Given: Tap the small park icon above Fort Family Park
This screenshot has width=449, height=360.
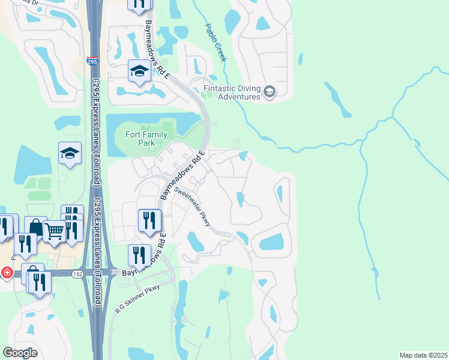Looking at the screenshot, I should point(143,128).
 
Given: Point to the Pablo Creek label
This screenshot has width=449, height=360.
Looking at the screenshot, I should point(216,43).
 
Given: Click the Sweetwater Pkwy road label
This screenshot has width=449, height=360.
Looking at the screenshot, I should point(193,206).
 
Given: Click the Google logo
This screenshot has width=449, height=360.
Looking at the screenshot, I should point(20,352).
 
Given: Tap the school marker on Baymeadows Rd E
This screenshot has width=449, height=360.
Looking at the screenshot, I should point(139,73).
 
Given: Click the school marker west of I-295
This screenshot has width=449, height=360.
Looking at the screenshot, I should point(70,153).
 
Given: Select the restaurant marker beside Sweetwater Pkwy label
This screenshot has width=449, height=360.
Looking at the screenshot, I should point(148,220).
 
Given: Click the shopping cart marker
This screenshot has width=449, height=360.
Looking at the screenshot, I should point(54,230).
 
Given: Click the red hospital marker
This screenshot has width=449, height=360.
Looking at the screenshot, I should point(6,272).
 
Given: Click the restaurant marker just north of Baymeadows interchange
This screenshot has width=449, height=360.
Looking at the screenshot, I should point(140,255).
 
